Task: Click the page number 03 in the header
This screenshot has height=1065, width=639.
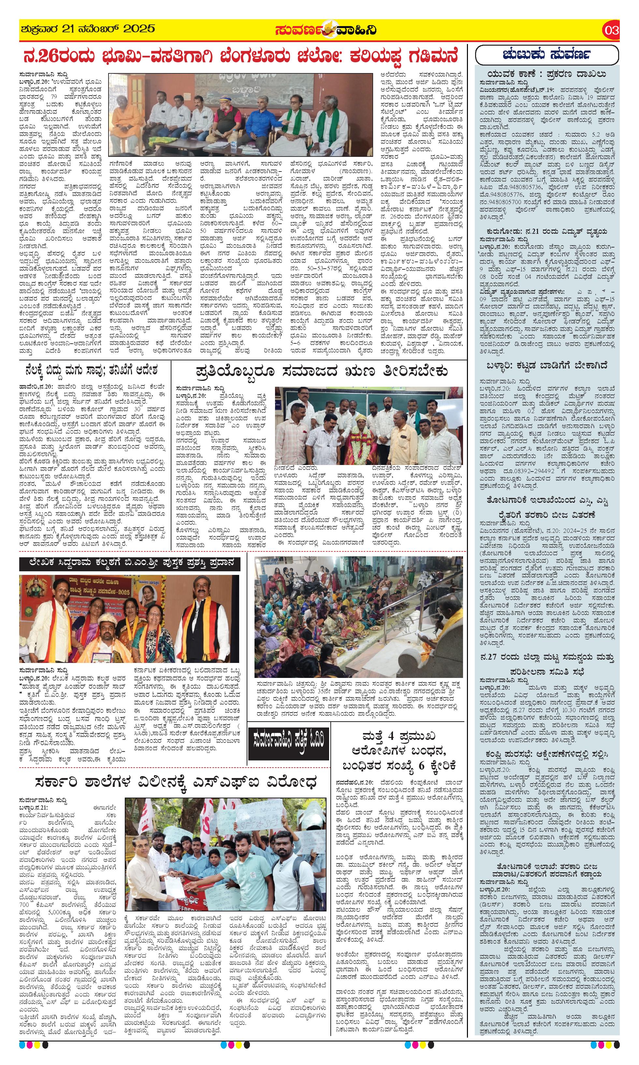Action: point(611,30)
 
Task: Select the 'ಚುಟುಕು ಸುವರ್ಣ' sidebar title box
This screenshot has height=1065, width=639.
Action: point(546,55)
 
